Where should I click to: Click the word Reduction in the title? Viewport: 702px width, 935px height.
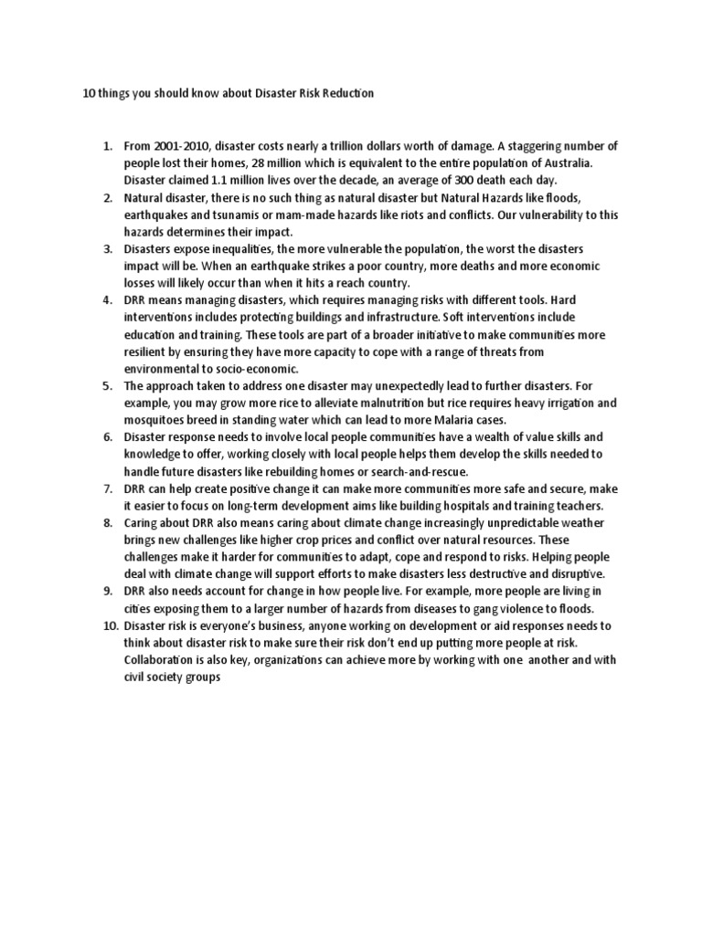[345, 95]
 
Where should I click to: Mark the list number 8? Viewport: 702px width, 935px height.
[107, 522]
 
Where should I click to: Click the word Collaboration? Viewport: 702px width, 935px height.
[168, 659]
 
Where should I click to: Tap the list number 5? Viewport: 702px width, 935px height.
[107, 386]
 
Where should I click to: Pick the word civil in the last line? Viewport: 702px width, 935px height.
[138, 677]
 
